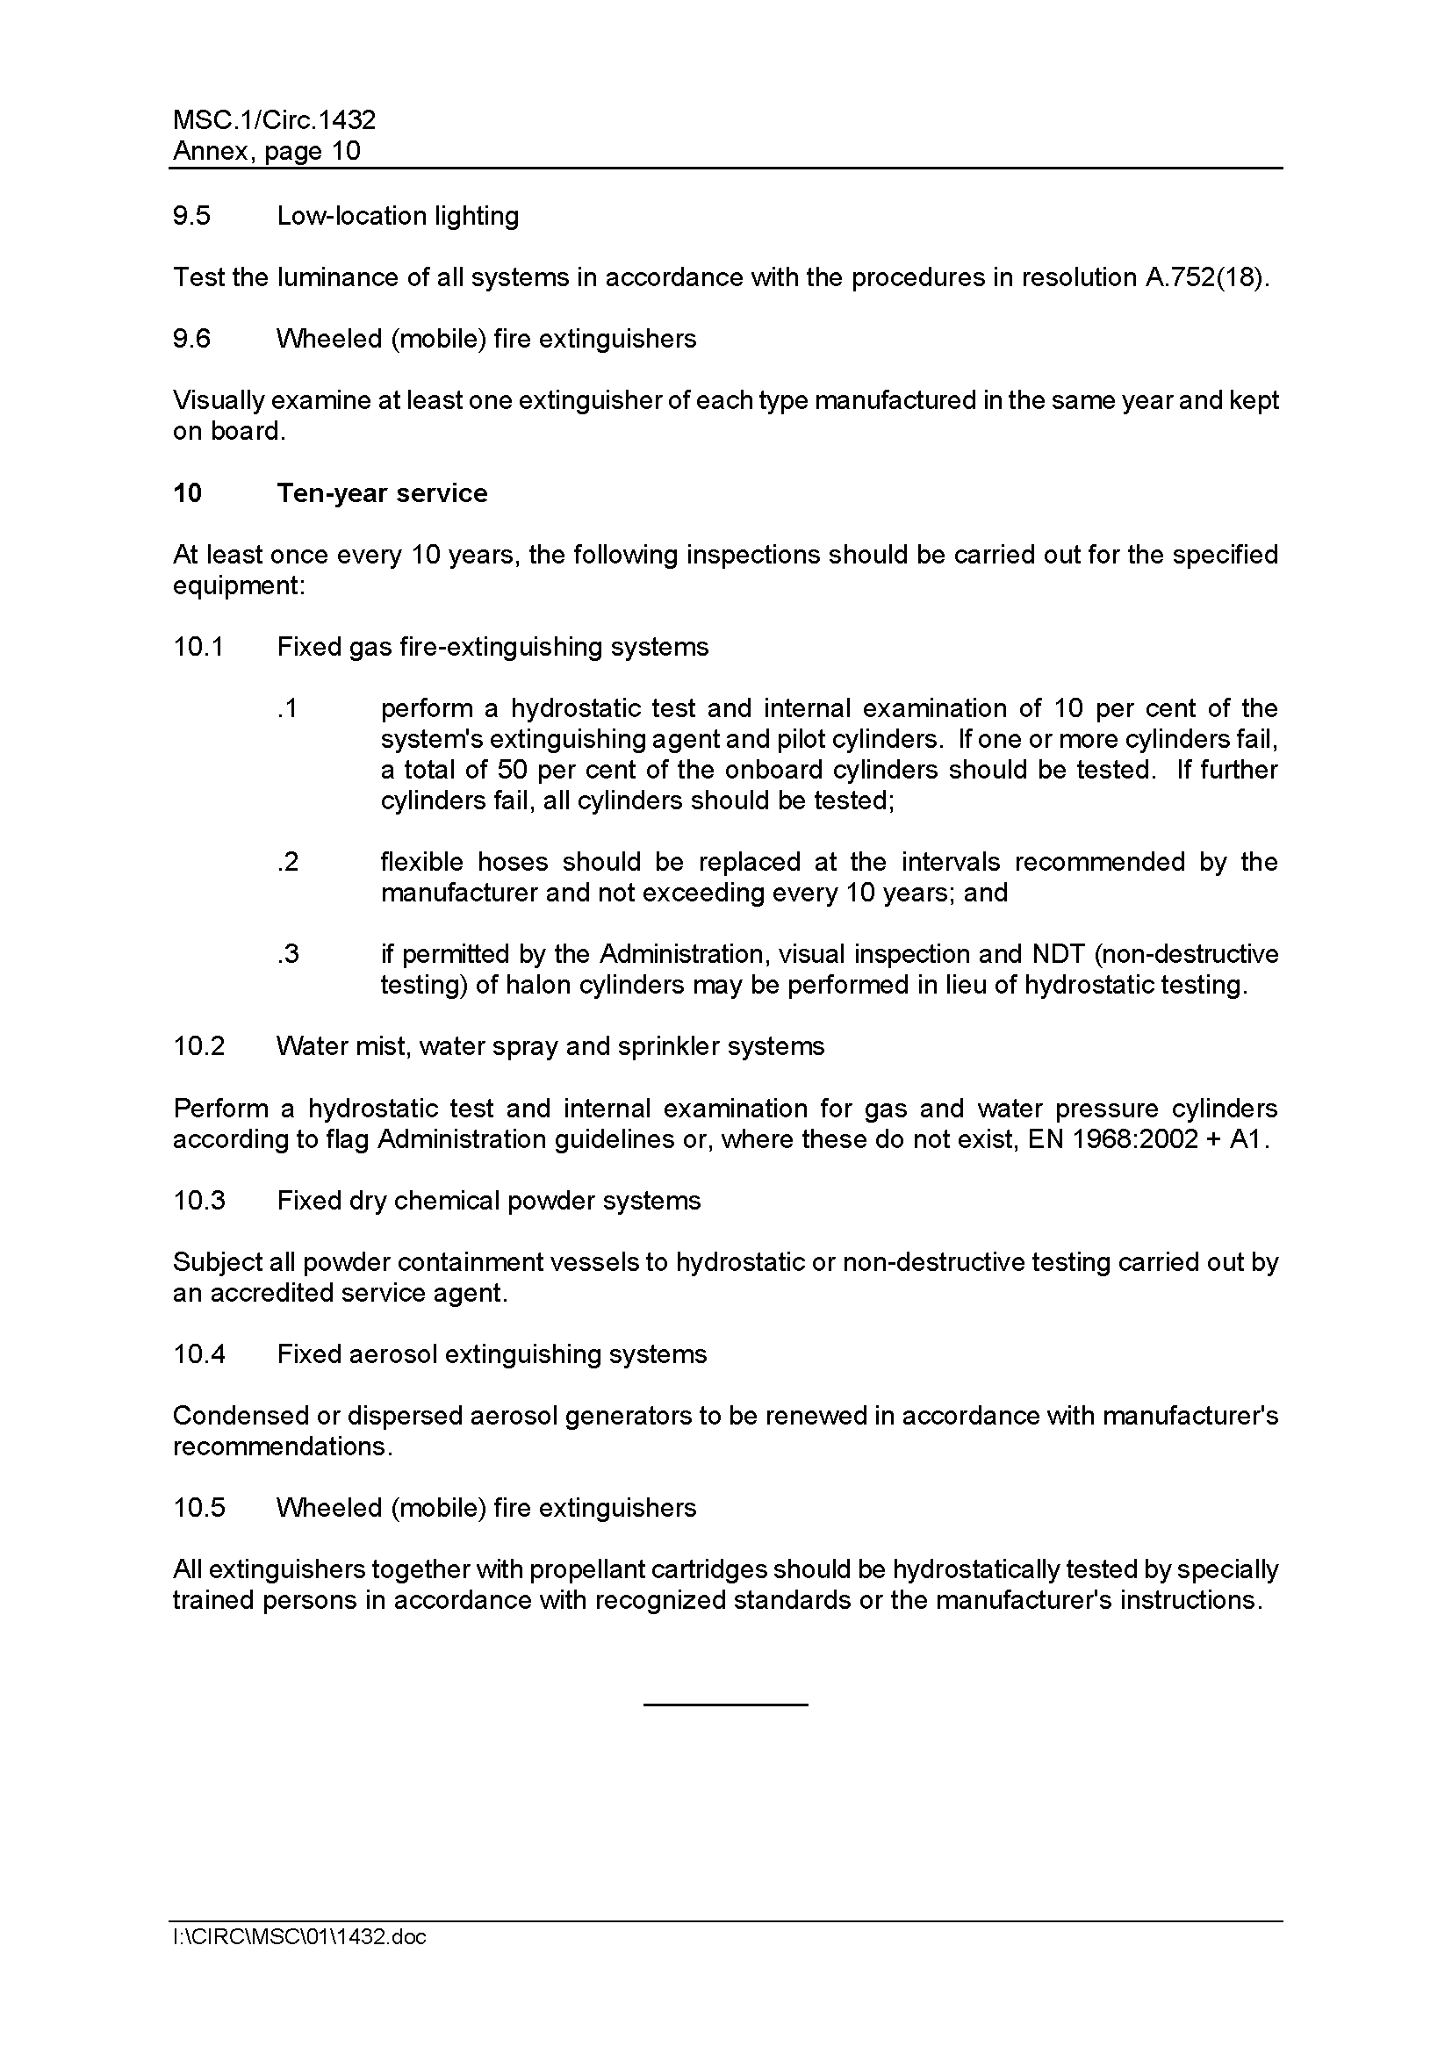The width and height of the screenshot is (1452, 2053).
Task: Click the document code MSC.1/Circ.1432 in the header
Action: [x=274, y=120]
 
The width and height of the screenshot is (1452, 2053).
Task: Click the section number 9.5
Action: [x=191, y=217]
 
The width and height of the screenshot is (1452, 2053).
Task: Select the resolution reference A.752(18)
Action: [x=1206, y=278]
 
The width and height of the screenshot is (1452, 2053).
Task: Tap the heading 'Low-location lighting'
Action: [x=398, y=217]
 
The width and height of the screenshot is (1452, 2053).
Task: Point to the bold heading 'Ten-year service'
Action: [x=382, y=493]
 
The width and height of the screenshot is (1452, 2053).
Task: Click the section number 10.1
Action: [x=198, y=648]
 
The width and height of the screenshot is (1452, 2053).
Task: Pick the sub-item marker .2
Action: [x=287, y=862]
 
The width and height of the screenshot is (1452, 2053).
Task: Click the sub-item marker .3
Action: [x=287, y=954]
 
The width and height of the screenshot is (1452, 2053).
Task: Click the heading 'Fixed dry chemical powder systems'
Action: [x=488, y=1201]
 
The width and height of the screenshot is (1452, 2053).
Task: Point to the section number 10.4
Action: [x=198, y=1354]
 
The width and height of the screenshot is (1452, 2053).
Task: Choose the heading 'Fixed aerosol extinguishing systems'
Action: [x=492, y=1354]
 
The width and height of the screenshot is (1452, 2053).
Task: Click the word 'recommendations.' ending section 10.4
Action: [x=283, y=1446]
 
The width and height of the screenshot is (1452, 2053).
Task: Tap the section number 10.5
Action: [x=198, y=1509]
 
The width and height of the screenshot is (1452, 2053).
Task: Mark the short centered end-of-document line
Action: [x=725, y=1705]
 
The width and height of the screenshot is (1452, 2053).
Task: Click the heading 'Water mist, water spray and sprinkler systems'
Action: [x=550, y=1047]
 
